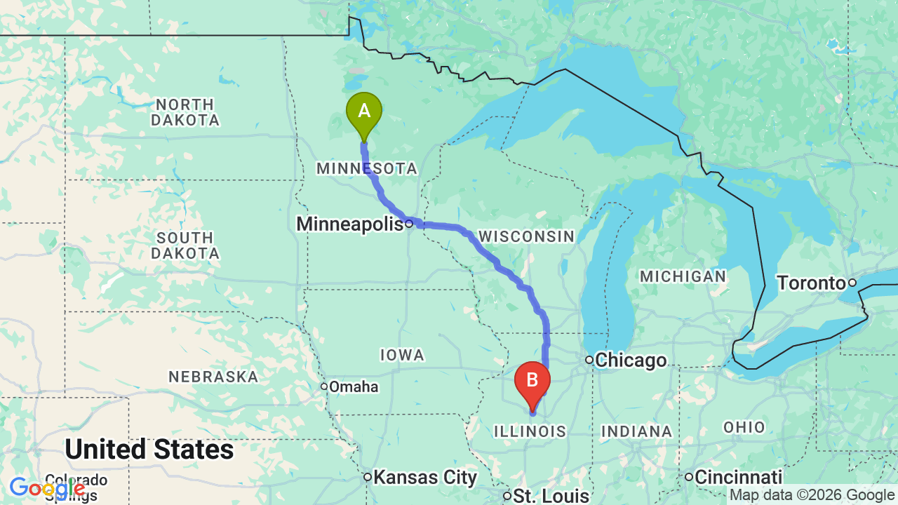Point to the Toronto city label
(811, 283)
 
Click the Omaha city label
(354, 386)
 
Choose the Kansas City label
(425, 478)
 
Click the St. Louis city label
(551, 496)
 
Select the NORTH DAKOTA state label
(185, 113)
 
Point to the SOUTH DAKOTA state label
(185, 245)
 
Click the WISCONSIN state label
(526, 236)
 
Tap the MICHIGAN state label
(683, 276)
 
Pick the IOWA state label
(402, 355)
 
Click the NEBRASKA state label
(213, 377)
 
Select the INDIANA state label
(636, 431)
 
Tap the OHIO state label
(744, 427)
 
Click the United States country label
(149, 449)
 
